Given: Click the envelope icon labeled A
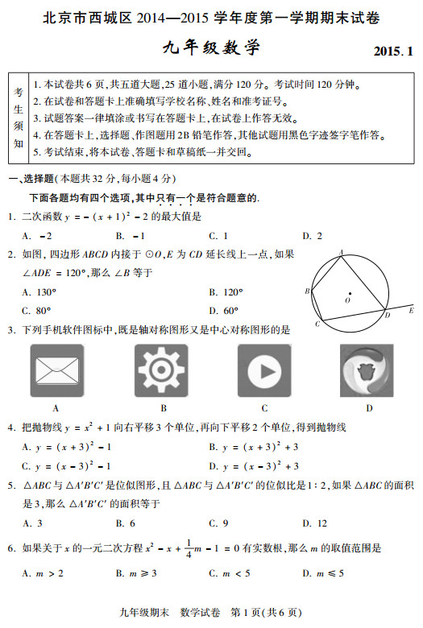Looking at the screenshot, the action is [x=56, y=370].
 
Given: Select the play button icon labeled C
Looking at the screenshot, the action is [x=263, y=370].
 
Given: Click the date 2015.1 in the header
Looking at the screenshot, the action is [x=392, y=52].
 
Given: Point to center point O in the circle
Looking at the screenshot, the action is [x=349, y=293].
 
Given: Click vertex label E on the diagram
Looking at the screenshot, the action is [x=411, y=309].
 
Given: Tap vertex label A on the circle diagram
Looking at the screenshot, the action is [x=342, y=251].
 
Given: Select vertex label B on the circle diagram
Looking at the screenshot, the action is [x=308, y=291].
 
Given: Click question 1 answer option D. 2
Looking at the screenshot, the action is [x=312, y=236].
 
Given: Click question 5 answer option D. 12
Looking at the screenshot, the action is [x=314, y=523].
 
